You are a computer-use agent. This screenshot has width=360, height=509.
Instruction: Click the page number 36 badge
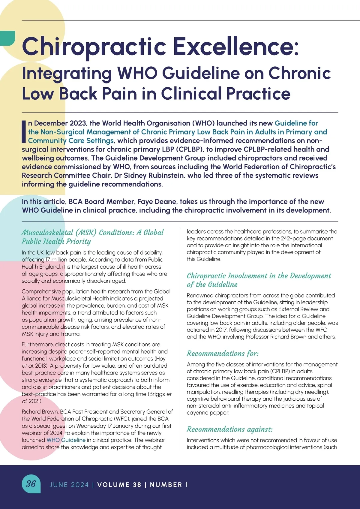click(31, 484)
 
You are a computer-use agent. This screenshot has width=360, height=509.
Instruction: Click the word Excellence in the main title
click(236, 47)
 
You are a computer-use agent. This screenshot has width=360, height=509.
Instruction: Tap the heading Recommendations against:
click(229, 429)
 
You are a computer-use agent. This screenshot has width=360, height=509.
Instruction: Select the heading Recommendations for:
click(223, 353)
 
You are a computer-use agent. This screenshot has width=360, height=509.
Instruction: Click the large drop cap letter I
click(24, 131)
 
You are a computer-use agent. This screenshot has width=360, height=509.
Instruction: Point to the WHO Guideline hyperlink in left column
click(66, 440)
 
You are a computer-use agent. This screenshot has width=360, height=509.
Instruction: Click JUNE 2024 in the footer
click(69, 485)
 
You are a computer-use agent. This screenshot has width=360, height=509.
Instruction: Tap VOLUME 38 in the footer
click(119, 485)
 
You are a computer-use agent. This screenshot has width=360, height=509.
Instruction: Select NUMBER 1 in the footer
click(169, 485)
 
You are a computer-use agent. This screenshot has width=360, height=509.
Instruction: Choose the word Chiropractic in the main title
click(94, 47)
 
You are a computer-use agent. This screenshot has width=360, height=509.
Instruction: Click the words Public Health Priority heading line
click(56, 241)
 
